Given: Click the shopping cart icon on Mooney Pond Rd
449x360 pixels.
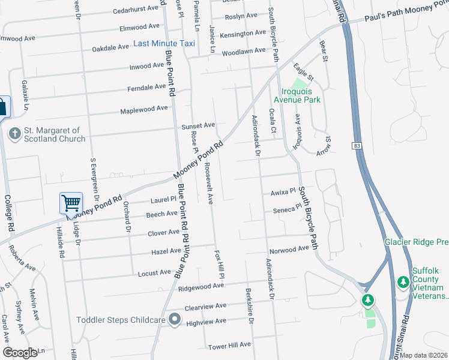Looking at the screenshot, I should pyautogui.click(x=71, y=203).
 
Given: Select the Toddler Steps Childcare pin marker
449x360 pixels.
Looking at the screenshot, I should pyautogui.click(x=175, y=319).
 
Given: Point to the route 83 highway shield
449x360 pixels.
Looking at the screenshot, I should pyautogui.click(x=357, y=146).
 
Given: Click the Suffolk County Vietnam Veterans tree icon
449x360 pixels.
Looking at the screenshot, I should pyautogui.click(x=403, y=282).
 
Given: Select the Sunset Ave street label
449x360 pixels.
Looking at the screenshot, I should pyautogui.click(x=199, y=125).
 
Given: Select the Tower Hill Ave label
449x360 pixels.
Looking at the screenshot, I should pyautogui.click(x=229, y=345).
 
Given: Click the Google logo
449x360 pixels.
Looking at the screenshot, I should pyautogui.click(x=20, y=352).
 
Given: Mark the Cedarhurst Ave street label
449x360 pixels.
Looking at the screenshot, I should pyautogui.click(x=139, y=10).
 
